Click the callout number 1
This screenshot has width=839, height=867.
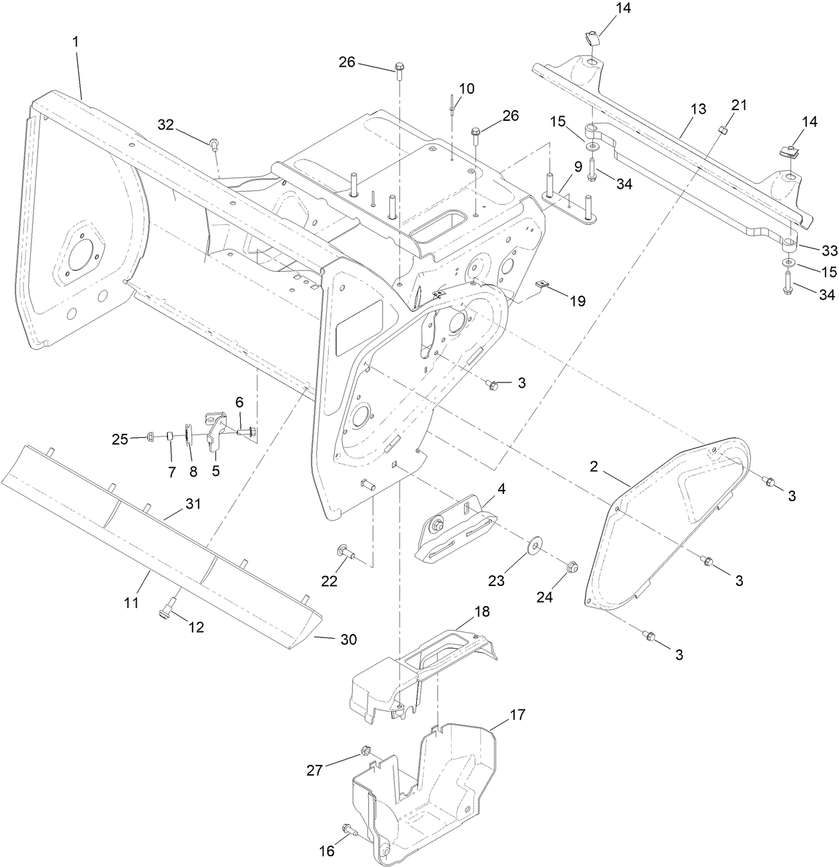point(75,41)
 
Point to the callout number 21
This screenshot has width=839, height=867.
point(739,105)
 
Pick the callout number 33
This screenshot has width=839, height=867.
point(829,250)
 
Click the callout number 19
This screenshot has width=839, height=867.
point(577,301)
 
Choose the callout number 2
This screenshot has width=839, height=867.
point(594,466)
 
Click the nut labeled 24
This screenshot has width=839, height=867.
point(572,569)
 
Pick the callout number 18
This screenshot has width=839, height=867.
point(482,611)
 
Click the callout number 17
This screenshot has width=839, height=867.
point(518,715)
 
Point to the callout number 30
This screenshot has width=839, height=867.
point(348,639)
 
